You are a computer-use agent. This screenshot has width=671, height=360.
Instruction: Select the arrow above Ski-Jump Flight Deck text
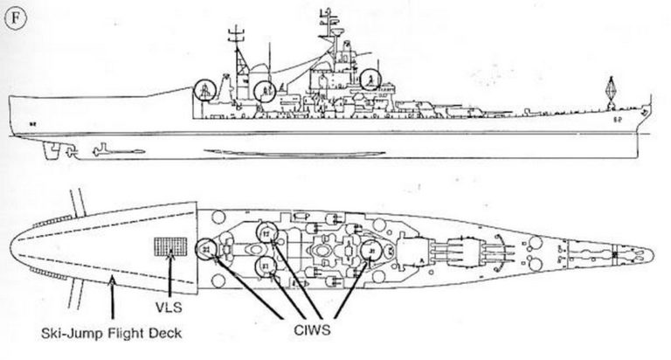[114, 301]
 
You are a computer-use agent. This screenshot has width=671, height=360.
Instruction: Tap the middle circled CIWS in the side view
[266, 88]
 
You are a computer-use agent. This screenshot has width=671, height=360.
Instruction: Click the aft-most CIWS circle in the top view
[206, 250]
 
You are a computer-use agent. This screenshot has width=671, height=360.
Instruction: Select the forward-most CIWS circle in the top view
[371, 251]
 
